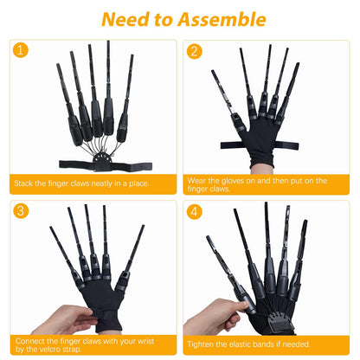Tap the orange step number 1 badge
[x=21, y=51]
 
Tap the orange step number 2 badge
[x=194, y=51]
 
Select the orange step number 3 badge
[x=21, y=210]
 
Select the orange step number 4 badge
[x=194, y=210]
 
